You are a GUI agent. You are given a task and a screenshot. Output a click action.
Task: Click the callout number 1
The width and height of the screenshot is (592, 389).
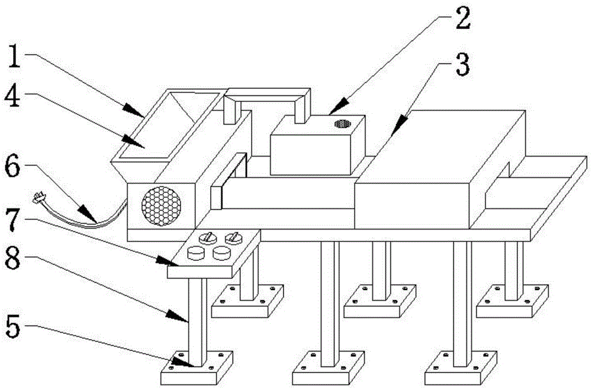(x=14, y=56)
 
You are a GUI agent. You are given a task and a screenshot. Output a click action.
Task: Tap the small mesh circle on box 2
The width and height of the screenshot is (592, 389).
(x=342, y=123)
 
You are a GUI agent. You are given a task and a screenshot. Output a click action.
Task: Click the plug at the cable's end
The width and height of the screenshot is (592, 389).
(x=38, y=197)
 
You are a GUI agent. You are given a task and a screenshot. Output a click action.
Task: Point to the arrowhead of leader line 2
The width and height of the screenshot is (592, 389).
(x=337, y=106)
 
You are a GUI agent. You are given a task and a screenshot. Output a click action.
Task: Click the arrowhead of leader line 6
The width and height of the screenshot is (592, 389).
(x=88, y=214)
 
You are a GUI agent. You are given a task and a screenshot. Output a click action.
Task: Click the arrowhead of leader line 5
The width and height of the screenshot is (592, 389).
(x=184, y=362)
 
